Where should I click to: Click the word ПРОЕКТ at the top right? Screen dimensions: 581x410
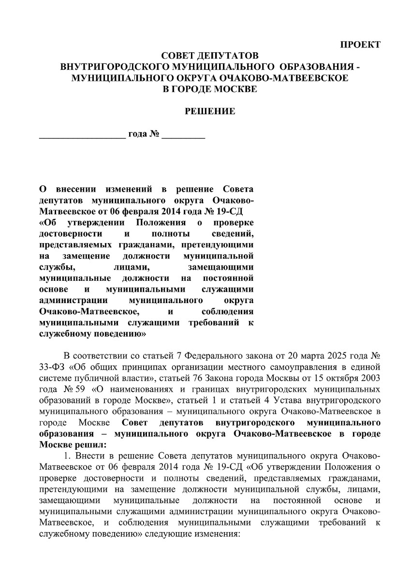coord(361,45)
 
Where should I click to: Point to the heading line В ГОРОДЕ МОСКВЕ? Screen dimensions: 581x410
coord(210,89)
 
